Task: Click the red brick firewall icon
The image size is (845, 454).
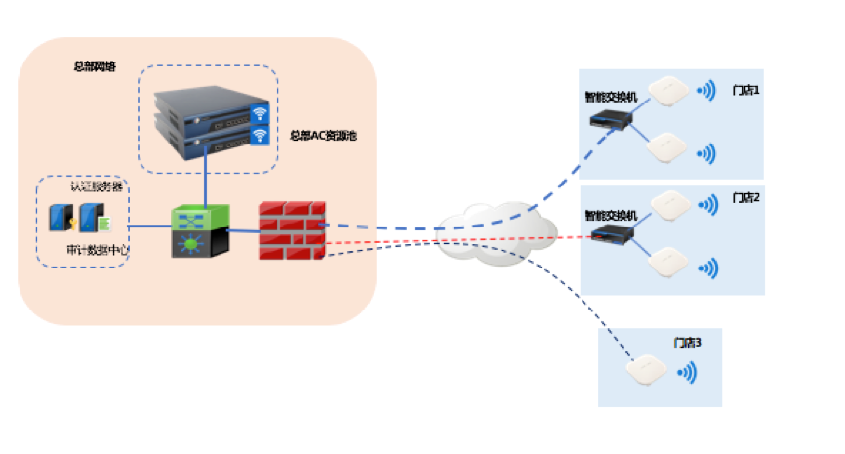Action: tap(292, 231)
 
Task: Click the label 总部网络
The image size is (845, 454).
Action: tap(94, 67)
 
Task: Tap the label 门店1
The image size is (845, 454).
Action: tap(745, 90)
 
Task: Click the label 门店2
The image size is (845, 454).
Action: tap(745, 198)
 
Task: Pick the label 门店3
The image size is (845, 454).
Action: tap(687, 343)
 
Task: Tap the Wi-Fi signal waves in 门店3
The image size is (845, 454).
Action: tap(689, 373)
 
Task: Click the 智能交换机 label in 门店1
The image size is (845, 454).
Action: tap(611, 98)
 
